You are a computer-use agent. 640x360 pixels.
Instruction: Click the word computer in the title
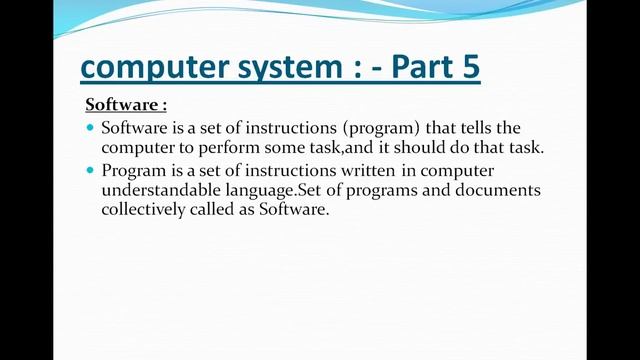point(149,68)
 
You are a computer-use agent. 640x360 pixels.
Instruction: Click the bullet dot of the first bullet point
point(90,128)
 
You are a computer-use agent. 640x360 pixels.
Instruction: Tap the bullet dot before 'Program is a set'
point(90,170)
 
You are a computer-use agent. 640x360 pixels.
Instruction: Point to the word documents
point(503,190)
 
